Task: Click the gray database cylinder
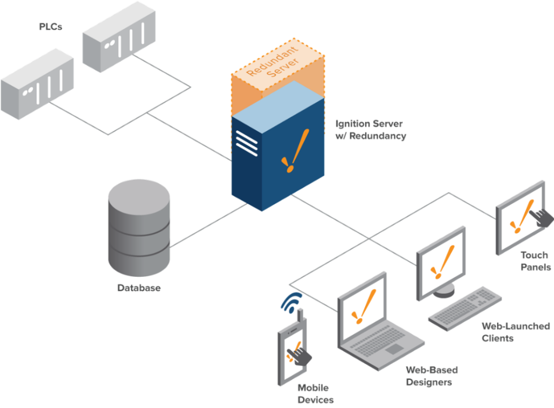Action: pyautogui.click(x=139, y=227)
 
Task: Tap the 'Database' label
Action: pyautogui.click(x=139, y=288)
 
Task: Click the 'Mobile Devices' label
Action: pyautogui.click(x=315, y=394)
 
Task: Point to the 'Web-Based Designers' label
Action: pyautogui.click(x=431, y=376)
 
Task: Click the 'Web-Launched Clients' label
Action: pyautogui.click(x=515, y=332)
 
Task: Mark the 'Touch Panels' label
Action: pyautogui.click(x=536, y=260)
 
